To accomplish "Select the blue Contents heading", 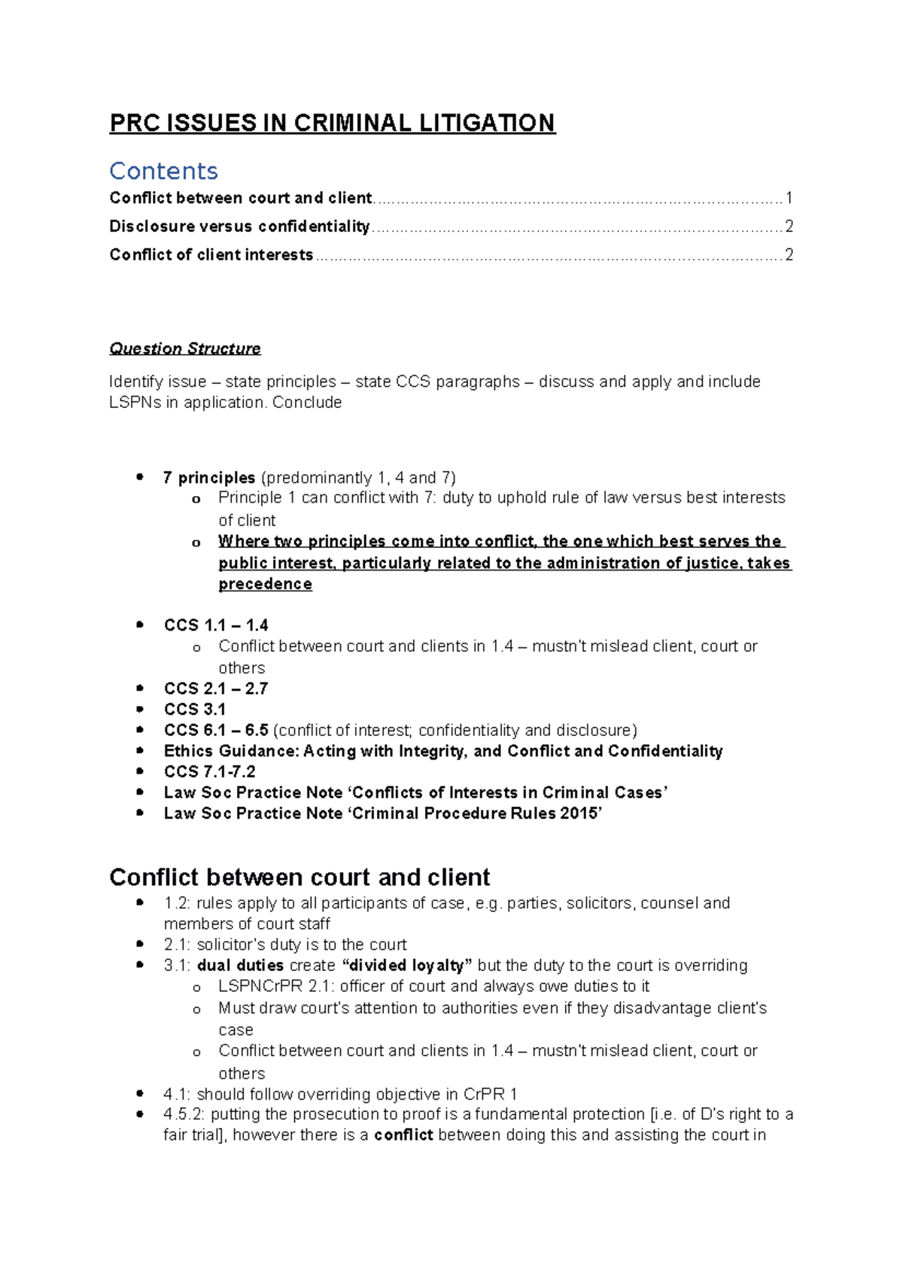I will (163, 171).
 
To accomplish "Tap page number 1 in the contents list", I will (789, 198).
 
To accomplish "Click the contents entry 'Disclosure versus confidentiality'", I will (239, 227).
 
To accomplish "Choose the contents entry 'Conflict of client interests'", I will (211, 255).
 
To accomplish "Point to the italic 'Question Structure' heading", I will (185, 348).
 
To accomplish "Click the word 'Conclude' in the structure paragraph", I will (307, 403).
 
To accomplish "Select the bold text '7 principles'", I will (209, 478).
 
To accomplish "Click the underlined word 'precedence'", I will (265, 584).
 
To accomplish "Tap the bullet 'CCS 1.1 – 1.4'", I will (216, 625).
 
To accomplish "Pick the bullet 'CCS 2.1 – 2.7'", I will (216, 689).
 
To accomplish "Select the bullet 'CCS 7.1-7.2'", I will (210, 772).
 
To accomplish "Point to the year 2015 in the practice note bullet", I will (579, 814).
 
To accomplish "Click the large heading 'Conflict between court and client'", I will (299, 878).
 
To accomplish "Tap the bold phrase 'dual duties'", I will (240, 966).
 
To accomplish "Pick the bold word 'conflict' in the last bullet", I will (403, 1136).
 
